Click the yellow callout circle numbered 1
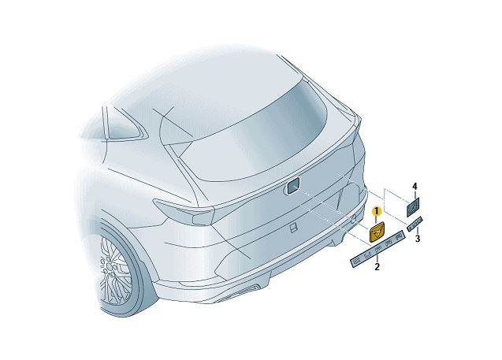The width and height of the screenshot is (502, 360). coord(377,212)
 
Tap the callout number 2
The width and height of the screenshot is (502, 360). coord(377,267)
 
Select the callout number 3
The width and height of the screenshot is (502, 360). coord(418,237)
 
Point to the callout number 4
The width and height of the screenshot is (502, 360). coord(414,187)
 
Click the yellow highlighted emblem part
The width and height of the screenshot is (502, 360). coord(378,232)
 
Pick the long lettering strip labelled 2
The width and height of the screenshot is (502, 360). coord(377,249)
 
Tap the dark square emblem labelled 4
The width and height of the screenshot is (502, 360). coord(413,206)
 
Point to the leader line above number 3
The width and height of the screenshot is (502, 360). coord(417,229)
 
